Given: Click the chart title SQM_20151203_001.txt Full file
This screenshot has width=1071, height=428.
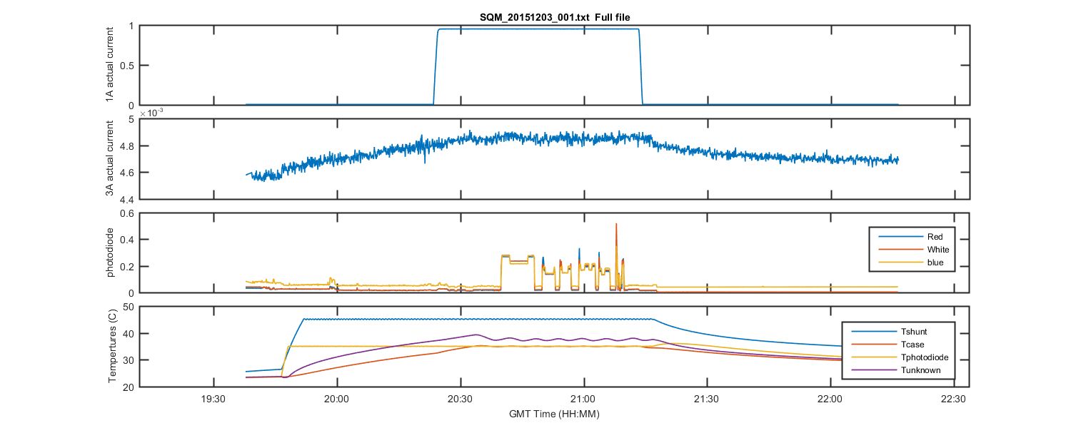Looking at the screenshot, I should pos(555,17).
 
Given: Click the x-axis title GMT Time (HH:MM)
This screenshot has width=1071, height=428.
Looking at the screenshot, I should pos(555,414).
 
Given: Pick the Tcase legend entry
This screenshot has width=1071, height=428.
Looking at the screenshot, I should pos(913,344).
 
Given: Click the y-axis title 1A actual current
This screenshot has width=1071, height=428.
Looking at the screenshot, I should pos(110,66).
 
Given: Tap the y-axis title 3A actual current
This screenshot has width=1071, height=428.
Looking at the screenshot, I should pos(110,159).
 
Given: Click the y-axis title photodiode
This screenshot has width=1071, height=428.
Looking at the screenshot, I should pos(110,253).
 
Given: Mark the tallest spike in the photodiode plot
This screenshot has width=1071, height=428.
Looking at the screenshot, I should pos(616,225).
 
